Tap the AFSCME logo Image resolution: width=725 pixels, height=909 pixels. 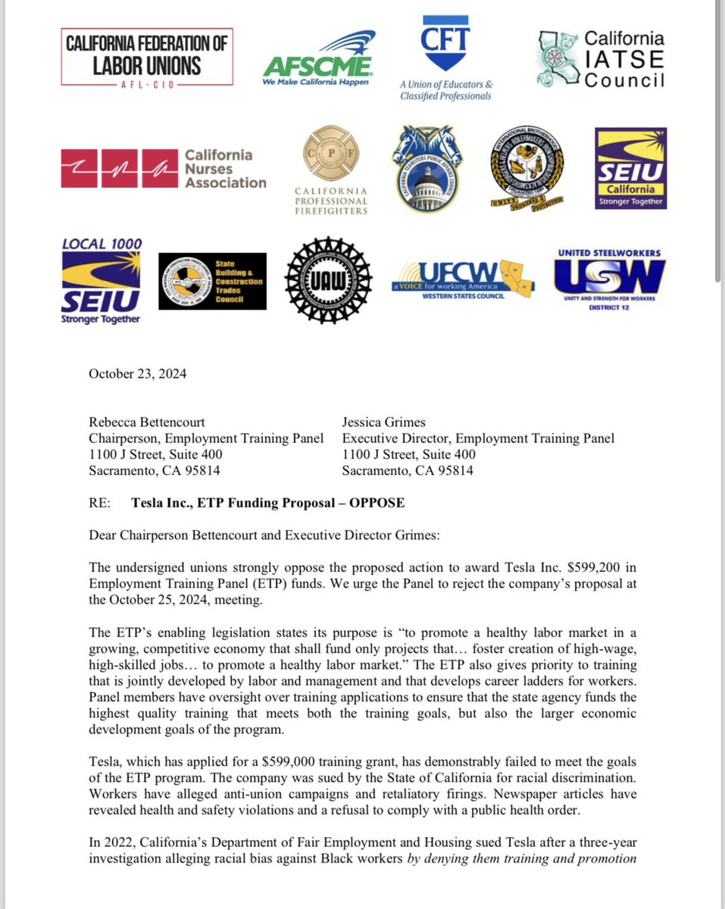(319, 59)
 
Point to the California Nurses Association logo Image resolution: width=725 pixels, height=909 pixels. (164, 168)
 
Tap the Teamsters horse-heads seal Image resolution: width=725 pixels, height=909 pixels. (433, 168)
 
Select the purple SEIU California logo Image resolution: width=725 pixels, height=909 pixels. (630, 167)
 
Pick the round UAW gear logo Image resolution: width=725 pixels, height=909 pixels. (328, 280)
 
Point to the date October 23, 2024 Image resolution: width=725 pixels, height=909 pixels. (137, 373)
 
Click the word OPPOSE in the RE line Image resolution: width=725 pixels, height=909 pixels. (377, 502)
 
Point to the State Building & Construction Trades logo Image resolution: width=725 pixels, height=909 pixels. (212, 281)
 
